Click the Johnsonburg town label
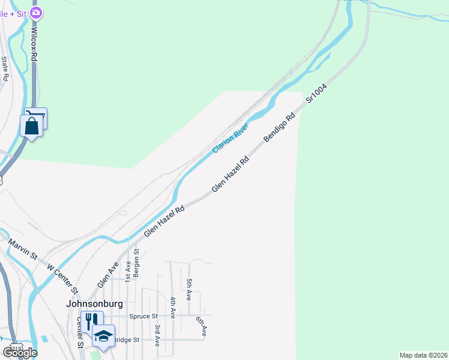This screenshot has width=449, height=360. [x=90, y=304]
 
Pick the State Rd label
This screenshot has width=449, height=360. [x=5, y=68]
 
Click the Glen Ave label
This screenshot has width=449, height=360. [x=107, y=275]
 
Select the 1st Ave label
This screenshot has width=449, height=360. [x=128, y=271]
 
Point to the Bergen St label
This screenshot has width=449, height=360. [x=137, y=262]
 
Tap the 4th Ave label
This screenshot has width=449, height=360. [x=173, y=307]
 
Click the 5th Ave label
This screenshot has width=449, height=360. [x=189, y=289]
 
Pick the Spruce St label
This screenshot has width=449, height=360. [x=146, y=316]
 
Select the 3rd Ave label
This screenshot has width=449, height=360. [x=157, y=335]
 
